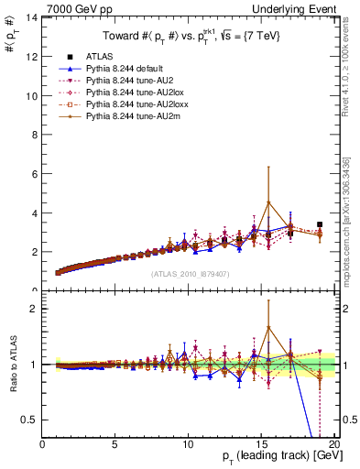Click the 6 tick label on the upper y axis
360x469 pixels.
click(x=35, y=174)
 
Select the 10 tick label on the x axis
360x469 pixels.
click(x=189, y=444)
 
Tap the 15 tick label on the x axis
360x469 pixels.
click(x=262, y=444)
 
